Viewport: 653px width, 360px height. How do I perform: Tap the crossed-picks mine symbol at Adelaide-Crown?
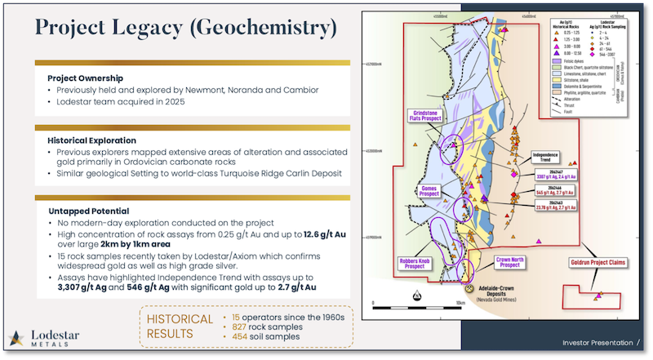[x=470, y=290]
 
